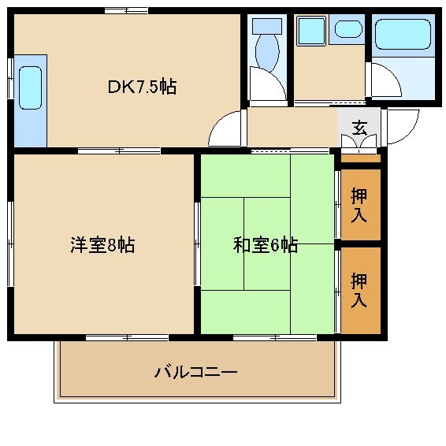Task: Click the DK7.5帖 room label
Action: pos(142,87)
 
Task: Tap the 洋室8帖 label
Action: pos(102,245)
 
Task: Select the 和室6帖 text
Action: pos(265,245)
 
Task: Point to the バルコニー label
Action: pos(195,371)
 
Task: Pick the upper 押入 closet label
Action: pos(359,205)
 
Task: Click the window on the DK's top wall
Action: pos(125,10)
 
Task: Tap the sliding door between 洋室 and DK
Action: pos(118,150)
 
